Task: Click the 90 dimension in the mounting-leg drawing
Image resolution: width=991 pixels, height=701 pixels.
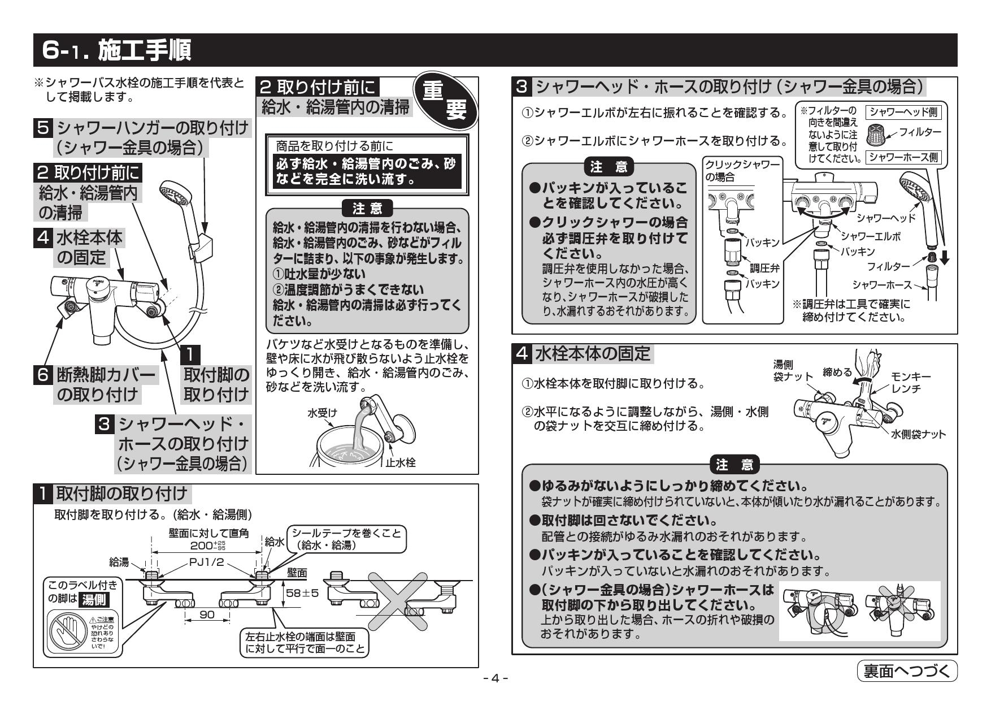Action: [207, 615]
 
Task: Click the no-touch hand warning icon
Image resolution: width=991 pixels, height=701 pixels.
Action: [64, 631]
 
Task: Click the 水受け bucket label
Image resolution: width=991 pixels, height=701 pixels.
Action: [321, 413]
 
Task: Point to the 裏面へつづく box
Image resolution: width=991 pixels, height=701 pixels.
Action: [907, 671]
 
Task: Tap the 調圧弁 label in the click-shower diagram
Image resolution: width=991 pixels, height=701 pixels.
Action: [764, 269]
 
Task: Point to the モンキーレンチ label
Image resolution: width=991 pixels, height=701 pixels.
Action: [910, 383]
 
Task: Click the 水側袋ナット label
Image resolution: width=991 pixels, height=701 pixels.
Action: [918, 434]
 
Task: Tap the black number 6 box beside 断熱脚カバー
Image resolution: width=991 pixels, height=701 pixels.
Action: [44, 375]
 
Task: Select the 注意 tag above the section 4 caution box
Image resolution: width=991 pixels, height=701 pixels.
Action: [734, 465]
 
